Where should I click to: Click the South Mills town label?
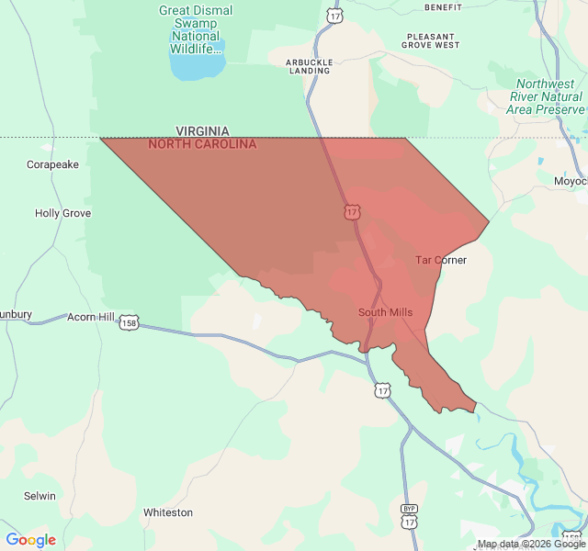coord(385,312)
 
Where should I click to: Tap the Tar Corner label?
coord(441,260)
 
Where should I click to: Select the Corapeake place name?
coord(52,164)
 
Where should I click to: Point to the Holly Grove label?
coord(62,213)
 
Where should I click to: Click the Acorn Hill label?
coord(91,317)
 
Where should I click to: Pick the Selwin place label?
coord(40,496)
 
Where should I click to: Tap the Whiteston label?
coord(168,512)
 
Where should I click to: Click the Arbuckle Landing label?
coord(308,66)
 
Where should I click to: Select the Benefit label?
coord(443,6)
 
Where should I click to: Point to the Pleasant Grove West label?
coord(431,40)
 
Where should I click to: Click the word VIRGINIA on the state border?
coord(202,131)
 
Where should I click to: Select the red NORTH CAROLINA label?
coord(202,144)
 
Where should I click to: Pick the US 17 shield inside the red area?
coord(352,212)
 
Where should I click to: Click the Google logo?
coord(30,540)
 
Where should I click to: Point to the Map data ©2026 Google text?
coord(531,544)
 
